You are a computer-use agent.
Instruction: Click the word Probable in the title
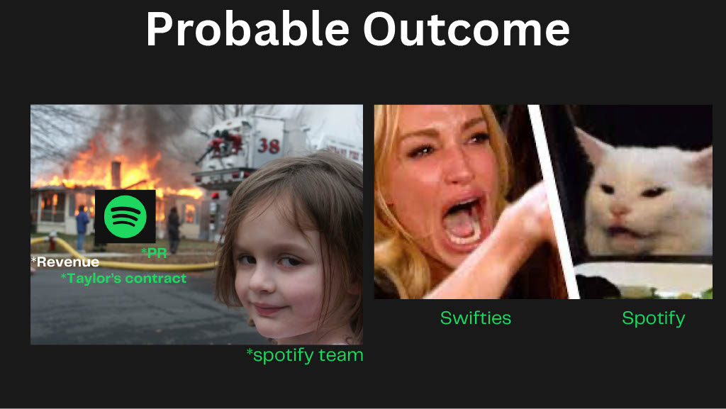[x=247, y=28]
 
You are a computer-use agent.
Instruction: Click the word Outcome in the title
[x=467, y=28]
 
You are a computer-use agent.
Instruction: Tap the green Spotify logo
[x=125, y=216]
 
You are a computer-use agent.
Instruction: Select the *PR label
[x=154, y=252]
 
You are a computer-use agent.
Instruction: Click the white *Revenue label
[x=65, y=262]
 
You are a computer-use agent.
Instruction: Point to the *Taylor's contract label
[x=123, y=278]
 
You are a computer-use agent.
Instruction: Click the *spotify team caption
[x=305, y=355]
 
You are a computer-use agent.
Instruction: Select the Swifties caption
[x=476, y=318]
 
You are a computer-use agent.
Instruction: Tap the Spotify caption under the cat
[x=653, y=318]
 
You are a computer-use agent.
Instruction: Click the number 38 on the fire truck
[x=269, y=145]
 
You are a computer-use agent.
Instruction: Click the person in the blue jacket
[x=82, y=228]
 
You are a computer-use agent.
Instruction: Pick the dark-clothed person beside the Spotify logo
[x=174, y=229]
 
